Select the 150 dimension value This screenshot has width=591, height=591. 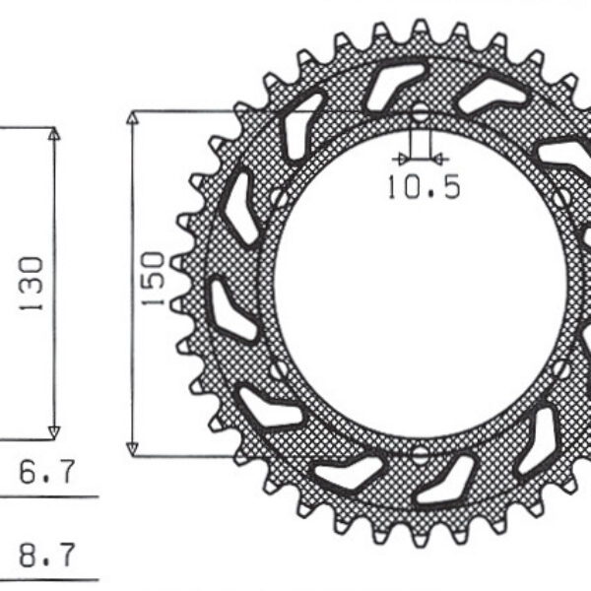[x=153, y=280]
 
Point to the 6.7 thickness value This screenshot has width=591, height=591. [x=46, y=473]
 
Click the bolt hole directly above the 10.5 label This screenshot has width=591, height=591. [x=420, y=113]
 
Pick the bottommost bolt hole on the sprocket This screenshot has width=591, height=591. [x=421, y=454]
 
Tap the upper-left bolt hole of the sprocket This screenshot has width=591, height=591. [x=280, y=199]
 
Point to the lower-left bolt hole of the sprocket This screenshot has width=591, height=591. [x=280, y=369]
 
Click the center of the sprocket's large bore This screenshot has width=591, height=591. [x=421, y=284]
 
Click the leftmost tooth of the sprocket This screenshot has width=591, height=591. [x=179, y=284]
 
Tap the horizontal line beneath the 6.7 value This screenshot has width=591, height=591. [x=49, y=496]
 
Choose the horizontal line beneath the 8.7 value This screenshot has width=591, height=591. [x=49, y=578]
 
